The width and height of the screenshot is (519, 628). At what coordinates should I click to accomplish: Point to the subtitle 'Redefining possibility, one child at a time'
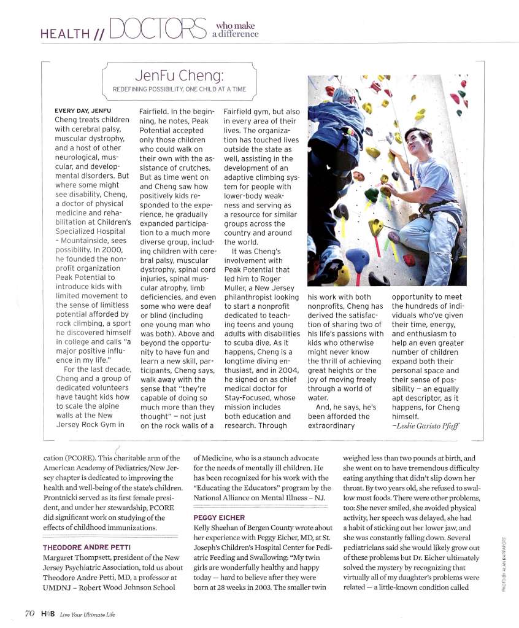[180, 90]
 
